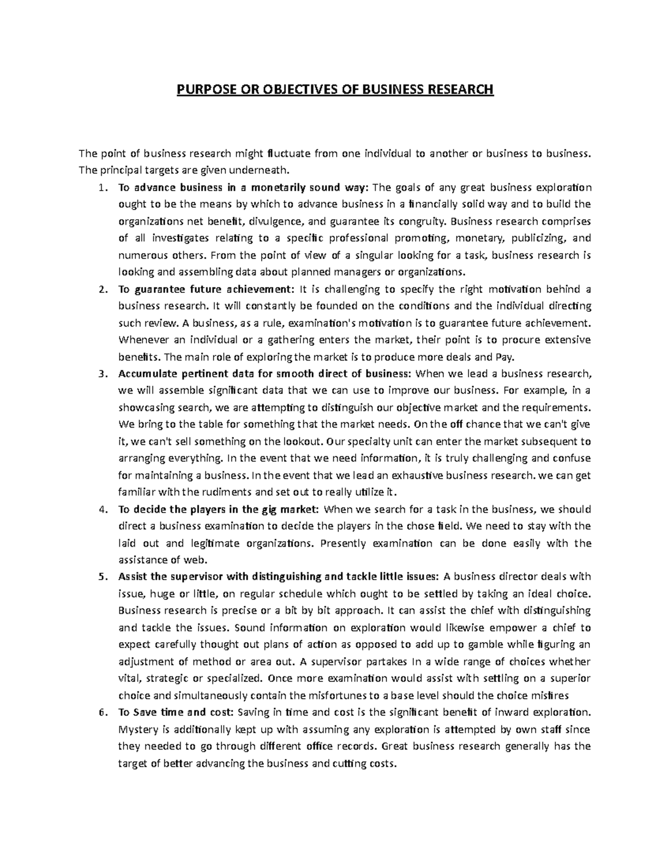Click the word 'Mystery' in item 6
[x=138, y=729]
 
